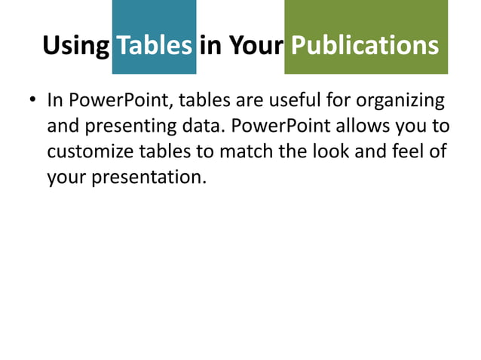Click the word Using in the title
(75, 46)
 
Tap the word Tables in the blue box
(154, 46)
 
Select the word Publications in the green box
(365, 46)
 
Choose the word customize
(90, 152)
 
